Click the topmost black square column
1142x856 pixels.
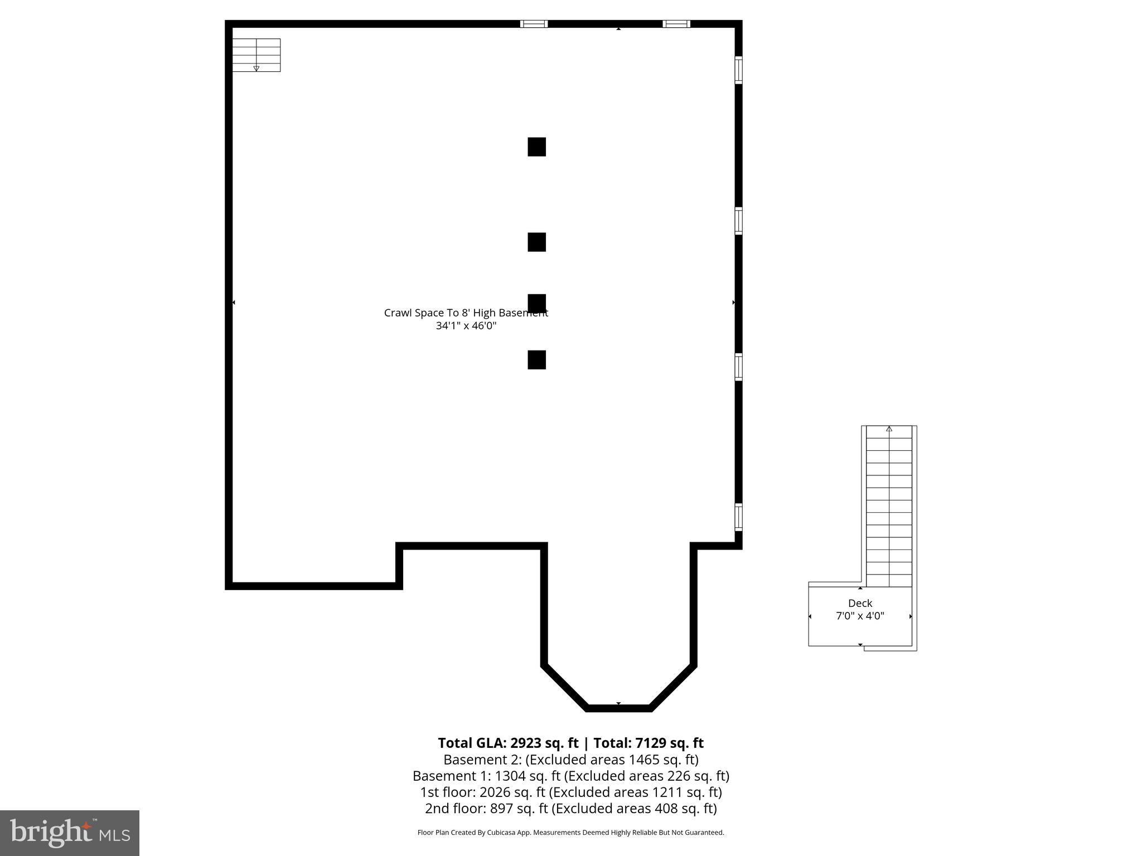536,147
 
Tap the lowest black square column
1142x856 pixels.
536,359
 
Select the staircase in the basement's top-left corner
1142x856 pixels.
256,55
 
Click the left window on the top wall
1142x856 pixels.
534,24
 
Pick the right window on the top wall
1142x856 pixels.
676,24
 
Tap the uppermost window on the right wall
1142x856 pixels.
738,70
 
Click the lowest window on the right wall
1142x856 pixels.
738,517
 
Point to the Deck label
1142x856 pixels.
860,603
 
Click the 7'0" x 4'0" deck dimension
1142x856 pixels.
860,616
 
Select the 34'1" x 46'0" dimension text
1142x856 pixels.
466,325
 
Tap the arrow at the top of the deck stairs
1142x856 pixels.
889,429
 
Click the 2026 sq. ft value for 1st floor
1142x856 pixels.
494,792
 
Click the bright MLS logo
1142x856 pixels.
70,833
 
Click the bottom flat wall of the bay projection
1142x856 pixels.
618,708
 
